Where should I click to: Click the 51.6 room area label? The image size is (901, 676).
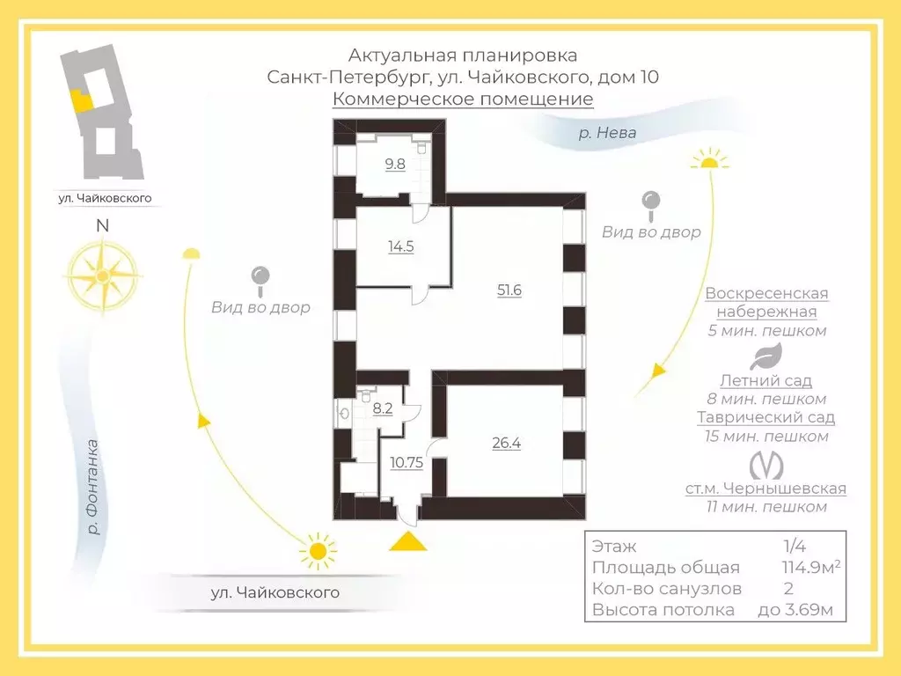coord(509,290)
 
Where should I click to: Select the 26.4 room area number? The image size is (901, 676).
coord(506,443)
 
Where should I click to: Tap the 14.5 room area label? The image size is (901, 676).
coord(400,246)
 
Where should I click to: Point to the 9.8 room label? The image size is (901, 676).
coord(395,164)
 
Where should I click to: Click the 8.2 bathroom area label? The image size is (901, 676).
coord(382,408)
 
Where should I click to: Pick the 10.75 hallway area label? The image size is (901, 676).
coord(407,462)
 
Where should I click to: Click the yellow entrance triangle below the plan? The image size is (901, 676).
coord(408,541)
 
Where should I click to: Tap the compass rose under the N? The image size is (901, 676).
coord(103,276)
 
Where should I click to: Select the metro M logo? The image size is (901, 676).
coord(766,465)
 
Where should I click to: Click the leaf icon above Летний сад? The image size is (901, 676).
coord(765,357)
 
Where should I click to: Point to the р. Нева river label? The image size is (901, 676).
coord(607,133)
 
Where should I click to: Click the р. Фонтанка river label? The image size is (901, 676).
coord(93,487)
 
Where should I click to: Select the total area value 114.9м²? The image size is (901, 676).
coord(810,567)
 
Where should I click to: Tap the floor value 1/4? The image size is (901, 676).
coord(795,546)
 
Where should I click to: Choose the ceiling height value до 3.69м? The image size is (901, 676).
coord(795,609)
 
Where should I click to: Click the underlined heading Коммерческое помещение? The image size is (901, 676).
coord(463,99)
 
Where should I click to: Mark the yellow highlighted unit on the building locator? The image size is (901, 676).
coord(81,101)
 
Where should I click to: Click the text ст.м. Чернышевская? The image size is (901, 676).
coord(765,488)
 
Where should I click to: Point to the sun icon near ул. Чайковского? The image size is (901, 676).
coord(318,551)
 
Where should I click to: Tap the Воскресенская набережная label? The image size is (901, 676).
coord(766,303)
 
